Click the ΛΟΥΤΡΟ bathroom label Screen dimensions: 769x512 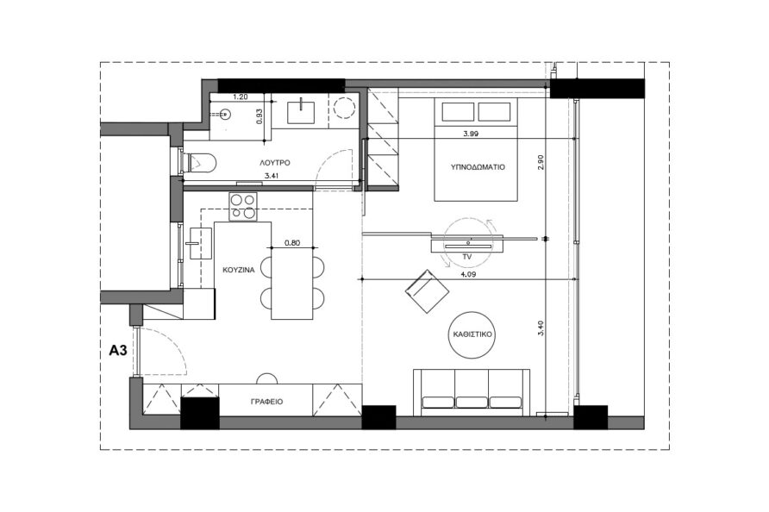click(x=275, y=162)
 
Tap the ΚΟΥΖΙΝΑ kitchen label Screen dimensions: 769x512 click(x=238, y=270)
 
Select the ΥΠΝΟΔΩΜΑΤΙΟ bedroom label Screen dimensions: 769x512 click(x=478, y=166)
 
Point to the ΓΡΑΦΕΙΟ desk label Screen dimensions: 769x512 click(x=266, y=402)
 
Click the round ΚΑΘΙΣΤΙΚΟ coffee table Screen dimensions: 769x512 click(x=471, y=335)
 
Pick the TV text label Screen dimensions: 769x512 click(x=467, y=257)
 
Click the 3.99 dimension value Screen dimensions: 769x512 click(x=471, y=134)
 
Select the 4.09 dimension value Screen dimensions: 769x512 click(x=468, y=275)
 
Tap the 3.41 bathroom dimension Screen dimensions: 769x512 click(x=272, y=176)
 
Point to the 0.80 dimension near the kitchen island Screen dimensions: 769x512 click(x=291, y=242)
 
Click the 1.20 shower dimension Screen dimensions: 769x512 click(x=240, y=97)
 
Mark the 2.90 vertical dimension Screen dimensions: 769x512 click(x=541, y=162)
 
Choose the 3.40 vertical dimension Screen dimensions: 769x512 click(x=541, y=328)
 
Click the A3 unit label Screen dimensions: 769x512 click(x=118, y=351)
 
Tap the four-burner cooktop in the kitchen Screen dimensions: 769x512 click(x=243, y=207)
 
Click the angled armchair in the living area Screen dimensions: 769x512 click(x=427, y=291)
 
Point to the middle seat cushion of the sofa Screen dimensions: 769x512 click(x=472, y=402)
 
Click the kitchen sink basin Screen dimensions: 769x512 click(x=201, y=242)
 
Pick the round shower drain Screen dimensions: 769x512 click(x=226, y=115)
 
